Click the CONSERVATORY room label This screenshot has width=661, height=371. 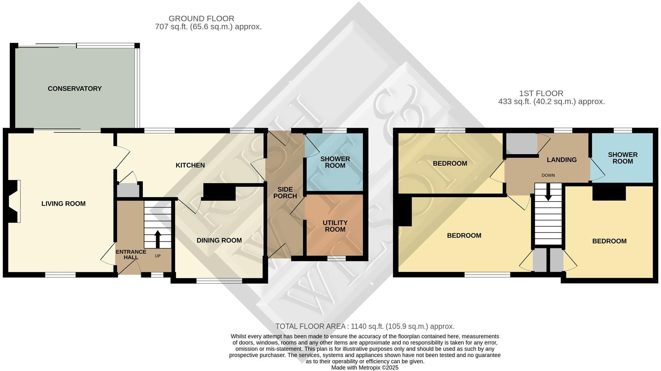[x=75, y=89]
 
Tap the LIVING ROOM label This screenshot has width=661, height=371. [x=63, y=204]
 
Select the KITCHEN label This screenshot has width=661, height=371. [x=190, y=165]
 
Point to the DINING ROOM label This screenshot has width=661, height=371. [x=219, y=241]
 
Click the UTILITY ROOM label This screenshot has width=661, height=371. [x=335, y=226]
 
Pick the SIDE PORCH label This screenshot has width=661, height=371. [x=285, y=193]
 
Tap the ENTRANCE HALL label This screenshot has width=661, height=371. [x=131, y=254]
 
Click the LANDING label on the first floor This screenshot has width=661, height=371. [x=562, y=160]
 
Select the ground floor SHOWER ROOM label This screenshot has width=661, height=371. [x=335, y=162]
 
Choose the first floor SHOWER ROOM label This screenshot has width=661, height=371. [x=623, y=158]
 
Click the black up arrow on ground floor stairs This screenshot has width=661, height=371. [x=158, y=239]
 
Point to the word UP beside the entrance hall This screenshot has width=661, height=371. [x=158, y=256]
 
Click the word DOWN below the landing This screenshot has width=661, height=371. [x=548, y=175]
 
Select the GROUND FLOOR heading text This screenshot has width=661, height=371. [x=202, y=19]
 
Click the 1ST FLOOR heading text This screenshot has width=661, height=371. [x=541, y=93]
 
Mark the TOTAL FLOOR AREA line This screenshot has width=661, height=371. [x=365, y=326]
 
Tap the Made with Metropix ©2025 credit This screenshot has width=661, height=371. [x=365, y=368]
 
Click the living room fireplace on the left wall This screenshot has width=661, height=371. [x=14, y=201]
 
